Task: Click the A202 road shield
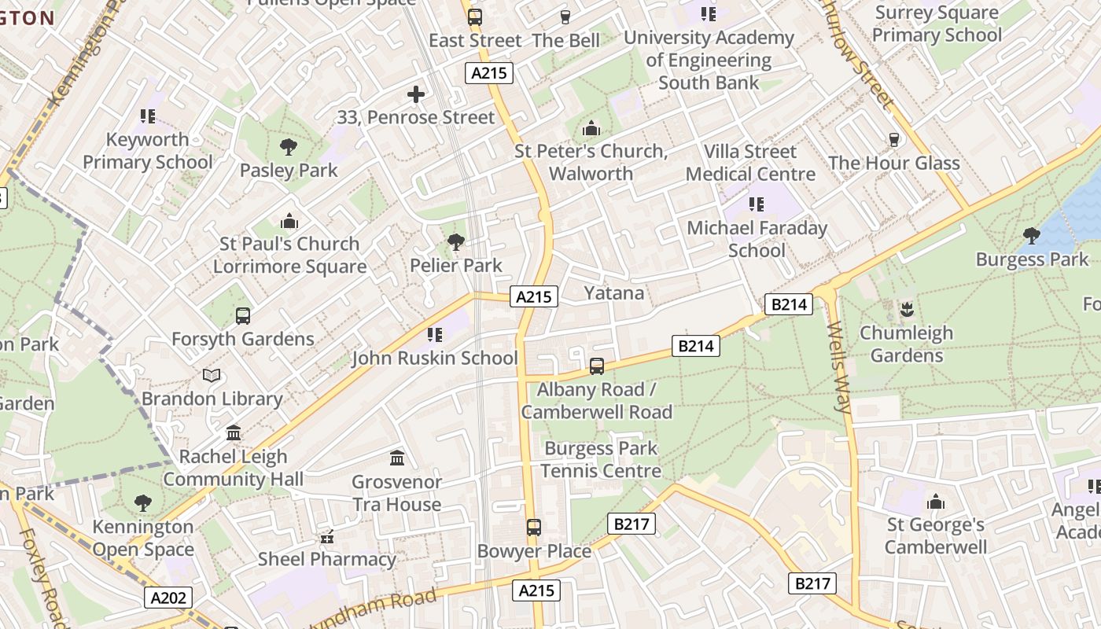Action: [168, 598]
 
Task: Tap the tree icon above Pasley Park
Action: [289, 146]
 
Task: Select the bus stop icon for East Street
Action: [475, 17]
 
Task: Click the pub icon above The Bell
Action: [565, 17]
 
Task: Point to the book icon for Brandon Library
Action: [212, 376]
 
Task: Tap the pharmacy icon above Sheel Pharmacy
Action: [327, 537]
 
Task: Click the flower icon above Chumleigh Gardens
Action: [907, 309]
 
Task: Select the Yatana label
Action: [613, 293]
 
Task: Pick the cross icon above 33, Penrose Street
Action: [416, 95]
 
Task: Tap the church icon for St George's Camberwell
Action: [936, 502]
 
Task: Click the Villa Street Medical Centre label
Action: [750, 163]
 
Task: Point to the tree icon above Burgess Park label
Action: [1031, 235]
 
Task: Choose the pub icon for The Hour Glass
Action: [894, 140]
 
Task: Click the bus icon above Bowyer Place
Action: [534, 528]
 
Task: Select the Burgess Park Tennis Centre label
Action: [602, 460]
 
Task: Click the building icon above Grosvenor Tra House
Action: [397, 458]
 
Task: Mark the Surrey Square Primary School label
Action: [937, 24]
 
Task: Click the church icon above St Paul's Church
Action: [289, 221]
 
